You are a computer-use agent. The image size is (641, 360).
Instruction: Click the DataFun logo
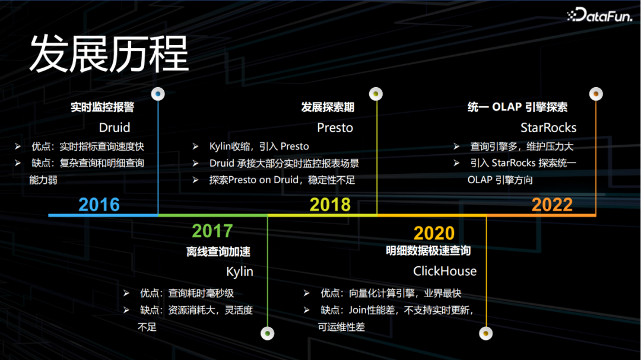coord(599,15)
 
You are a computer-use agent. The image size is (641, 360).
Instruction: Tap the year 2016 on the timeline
coord(99,204)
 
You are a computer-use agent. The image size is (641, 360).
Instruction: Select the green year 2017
coord(212,231)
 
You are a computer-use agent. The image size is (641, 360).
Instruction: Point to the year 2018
coord(330,204)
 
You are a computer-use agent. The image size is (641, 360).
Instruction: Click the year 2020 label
coord(434,233)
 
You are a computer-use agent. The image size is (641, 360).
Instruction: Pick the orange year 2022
coord(552,204)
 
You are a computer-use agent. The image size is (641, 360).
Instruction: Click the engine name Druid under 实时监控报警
coord(115,128)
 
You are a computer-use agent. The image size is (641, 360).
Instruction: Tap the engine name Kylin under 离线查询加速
coord(240,272)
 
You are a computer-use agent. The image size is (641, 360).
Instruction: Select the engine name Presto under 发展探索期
coord(335,128)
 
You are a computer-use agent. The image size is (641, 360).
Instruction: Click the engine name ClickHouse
coord(445,271)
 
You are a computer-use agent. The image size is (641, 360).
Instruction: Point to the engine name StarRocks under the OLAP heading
coord(548,128)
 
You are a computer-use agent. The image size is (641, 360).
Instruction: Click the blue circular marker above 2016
coord(158,94)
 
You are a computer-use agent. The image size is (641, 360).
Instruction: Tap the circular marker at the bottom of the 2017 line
coord(267,333)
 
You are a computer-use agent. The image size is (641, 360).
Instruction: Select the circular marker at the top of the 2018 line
coord(376,94)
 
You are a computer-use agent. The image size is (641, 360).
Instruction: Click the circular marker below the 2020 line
coord(485,333)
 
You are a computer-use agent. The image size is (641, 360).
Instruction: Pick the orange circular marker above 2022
coord(596,94)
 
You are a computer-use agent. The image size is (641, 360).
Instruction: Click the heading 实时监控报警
coord(102,107)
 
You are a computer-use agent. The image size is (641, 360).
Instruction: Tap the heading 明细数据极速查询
coord(429,250)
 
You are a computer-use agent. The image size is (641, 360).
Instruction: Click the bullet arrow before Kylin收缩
coord(196,146)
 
